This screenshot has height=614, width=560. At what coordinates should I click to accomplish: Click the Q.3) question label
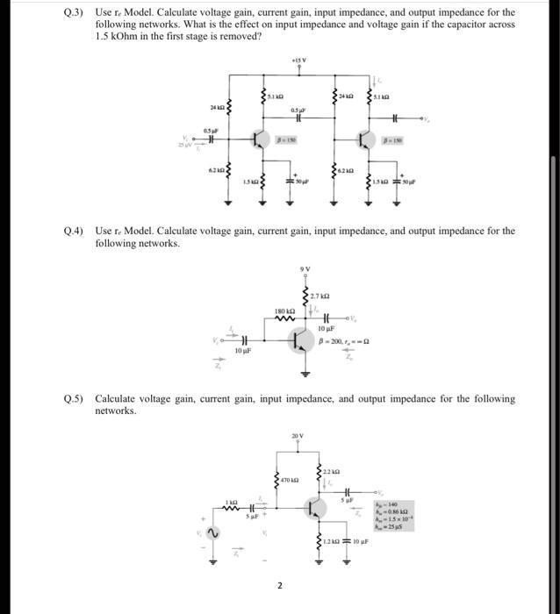(x=77, y=13)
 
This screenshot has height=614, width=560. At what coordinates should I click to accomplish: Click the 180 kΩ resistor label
(x=284, y=311)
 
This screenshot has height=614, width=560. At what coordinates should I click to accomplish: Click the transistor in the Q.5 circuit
(x=313, y=508)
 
